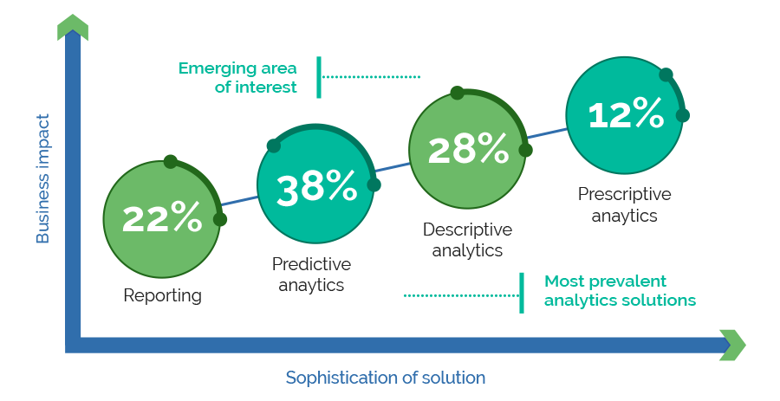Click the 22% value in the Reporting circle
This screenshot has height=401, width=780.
tap(162, 217)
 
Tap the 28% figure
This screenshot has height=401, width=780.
tap(468, 148)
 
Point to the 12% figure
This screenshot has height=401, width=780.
tap(626, 113)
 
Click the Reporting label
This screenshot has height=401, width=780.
tap(162, 295)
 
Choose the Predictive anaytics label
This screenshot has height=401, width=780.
tap(311, 275)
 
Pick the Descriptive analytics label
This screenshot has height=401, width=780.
tap(468, 240)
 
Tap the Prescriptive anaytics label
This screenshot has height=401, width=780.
tap(624, 204)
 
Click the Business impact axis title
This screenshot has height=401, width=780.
tap(43, 178)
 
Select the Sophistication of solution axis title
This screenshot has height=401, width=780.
tap(386, 378)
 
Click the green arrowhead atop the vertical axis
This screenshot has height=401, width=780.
tap(73, 27)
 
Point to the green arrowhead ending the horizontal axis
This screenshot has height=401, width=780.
tap(733, 345)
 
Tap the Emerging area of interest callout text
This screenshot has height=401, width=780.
tap(237, 78)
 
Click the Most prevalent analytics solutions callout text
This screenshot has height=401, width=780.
tap(620, 291)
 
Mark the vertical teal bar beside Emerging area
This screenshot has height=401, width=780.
tap(319, 77)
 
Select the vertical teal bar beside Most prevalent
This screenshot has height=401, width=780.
tap(522, 294)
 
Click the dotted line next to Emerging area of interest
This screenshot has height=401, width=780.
tap(371, 77)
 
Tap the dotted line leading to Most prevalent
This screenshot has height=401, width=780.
tap(461, 295)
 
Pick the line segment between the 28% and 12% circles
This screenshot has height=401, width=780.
tap(546, 133)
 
